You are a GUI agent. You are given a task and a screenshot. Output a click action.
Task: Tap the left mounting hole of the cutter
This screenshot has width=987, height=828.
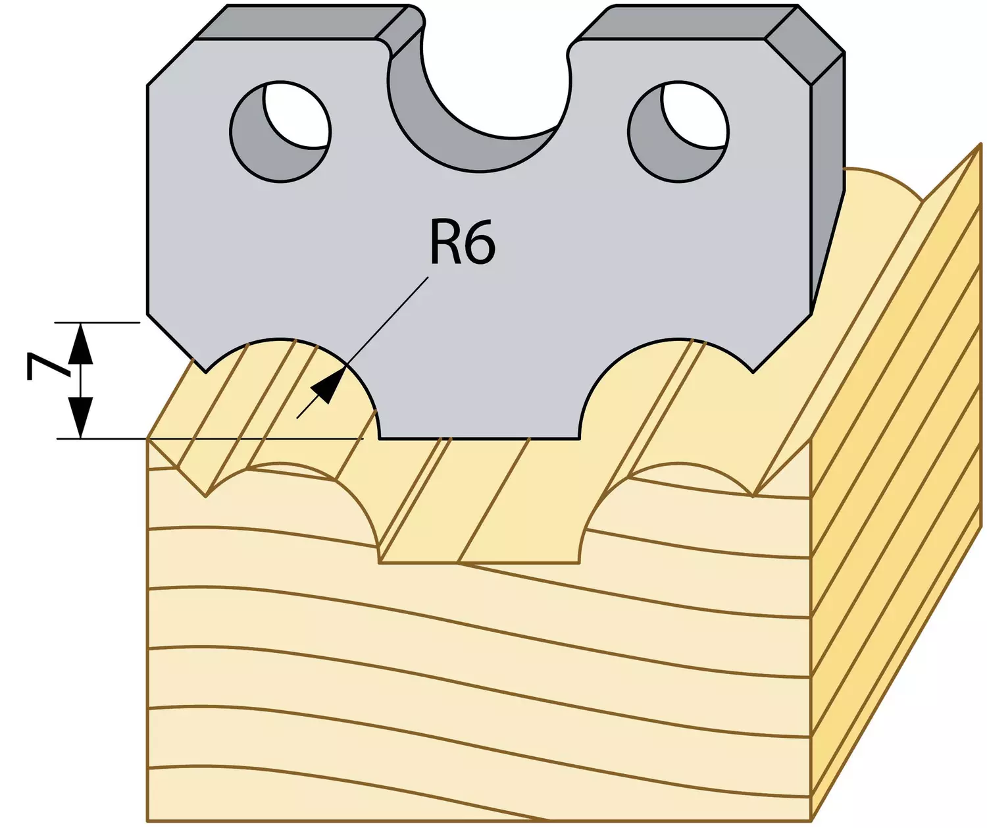pos(280,132)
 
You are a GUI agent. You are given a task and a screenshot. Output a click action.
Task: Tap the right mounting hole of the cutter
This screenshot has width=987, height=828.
pos(678,132)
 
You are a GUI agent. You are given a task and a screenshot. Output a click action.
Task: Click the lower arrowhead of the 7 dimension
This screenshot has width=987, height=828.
pos(82,418)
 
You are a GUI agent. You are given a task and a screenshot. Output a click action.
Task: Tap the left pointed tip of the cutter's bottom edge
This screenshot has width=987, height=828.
pos(206,372)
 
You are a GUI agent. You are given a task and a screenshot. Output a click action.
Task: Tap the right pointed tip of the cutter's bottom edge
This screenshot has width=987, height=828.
pos(753,372)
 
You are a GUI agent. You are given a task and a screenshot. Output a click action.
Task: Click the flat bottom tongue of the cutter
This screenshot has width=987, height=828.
pos(480,426)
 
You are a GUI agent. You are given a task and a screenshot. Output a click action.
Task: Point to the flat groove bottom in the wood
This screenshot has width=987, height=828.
pos(480,563)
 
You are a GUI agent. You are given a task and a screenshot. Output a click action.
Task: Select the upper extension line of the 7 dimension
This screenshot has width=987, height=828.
pos(97,323)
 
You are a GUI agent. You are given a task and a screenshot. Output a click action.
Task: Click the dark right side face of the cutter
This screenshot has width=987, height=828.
pos(826,189)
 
